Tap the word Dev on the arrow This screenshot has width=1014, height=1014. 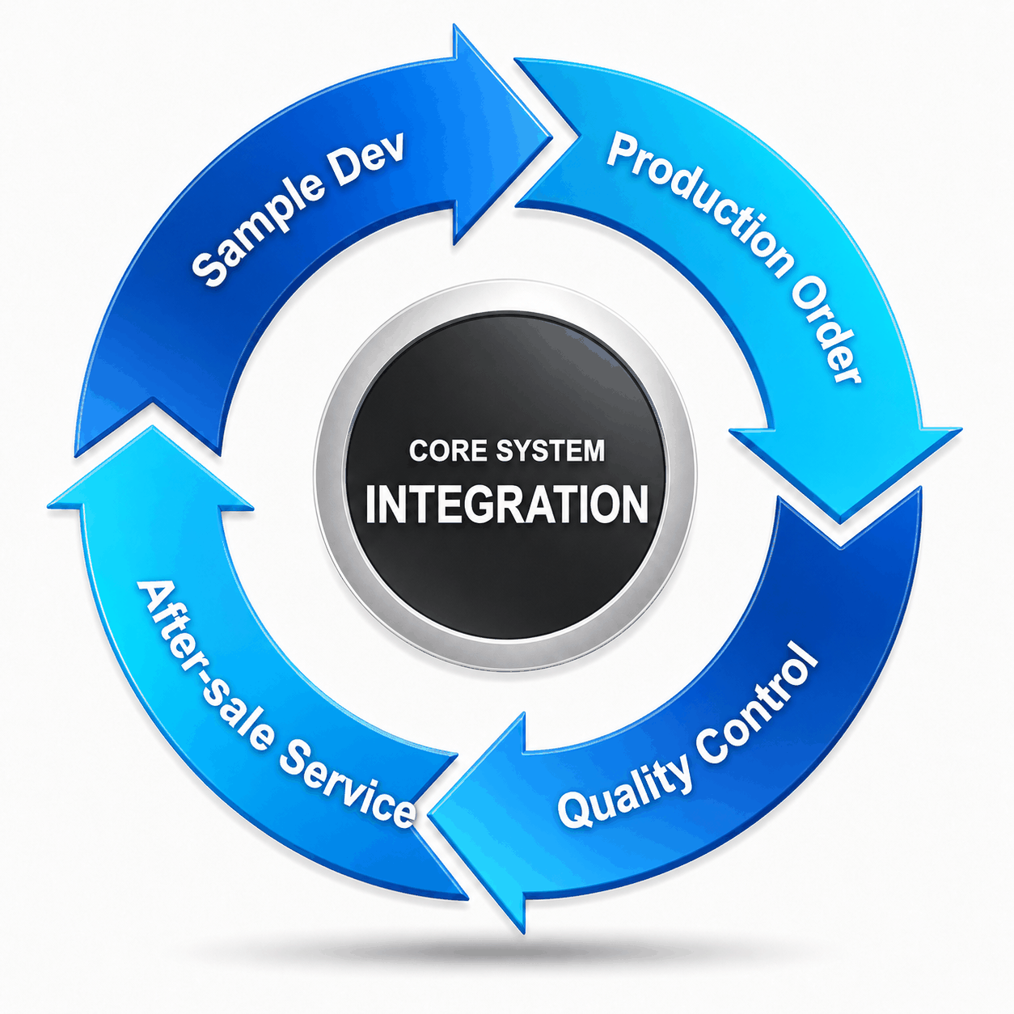[370, 154]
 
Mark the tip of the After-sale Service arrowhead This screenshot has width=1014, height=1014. [153, 427]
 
